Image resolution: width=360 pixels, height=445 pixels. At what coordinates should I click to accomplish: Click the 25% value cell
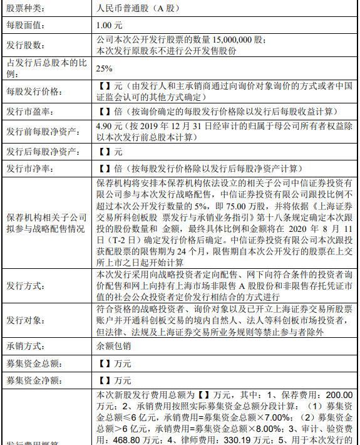[105, 69]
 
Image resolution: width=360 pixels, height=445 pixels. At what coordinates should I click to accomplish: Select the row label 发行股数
[26, 46]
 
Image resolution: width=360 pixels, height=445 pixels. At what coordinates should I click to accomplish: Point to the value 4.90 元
[109, 126]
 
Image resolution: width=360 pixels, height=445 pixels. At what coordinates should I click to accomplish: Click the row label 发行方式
[26, 285]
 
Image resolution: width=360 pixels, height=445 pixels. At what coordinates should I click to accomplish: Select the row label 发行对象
[26, 320]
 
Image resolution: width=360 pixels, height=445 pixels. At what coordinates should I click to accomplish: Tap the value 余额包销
[113, 345]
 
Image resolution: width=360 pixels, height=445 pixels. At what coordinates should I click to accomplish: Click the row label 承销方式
[26, 345]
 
